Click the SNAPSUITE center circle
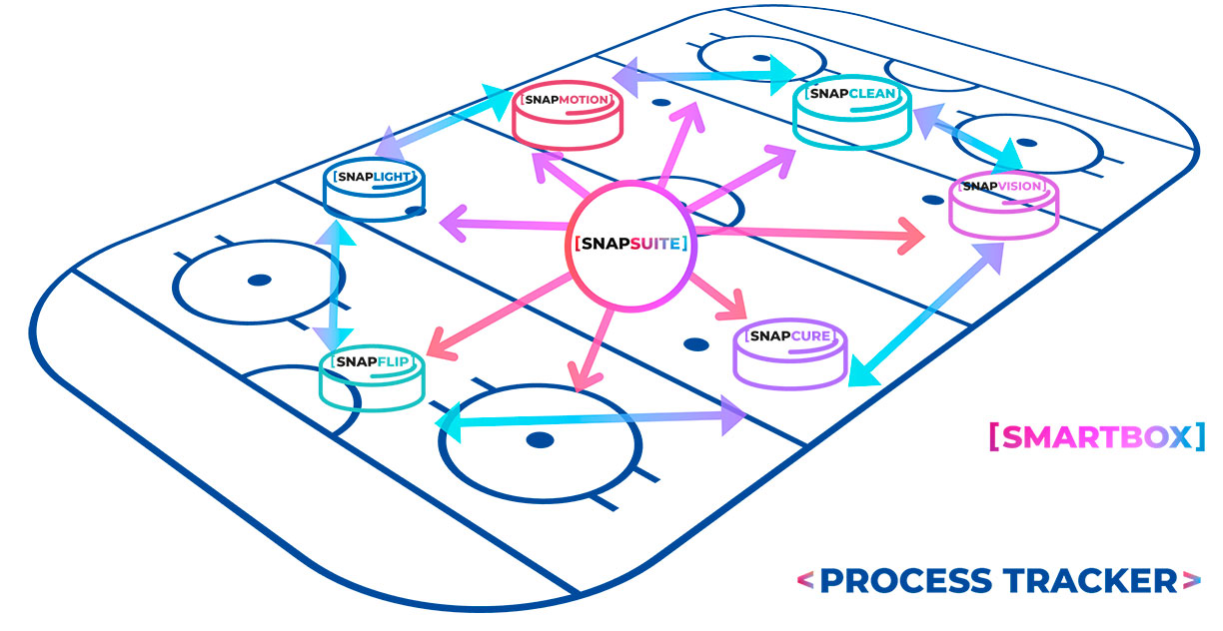pos(631,244)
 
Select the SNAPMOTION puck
pos(566,115)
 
